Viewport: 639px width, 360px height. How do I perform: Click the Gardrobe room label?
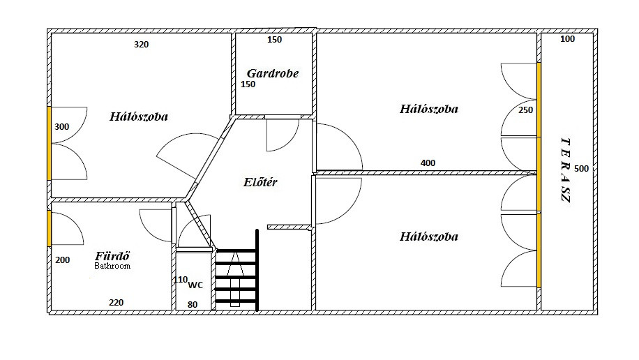click(273, 73)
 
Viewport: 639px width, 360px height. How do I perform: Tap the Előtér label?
click(260, 182)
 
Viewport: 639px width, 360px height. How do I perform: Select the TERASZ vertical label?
click(566, 170)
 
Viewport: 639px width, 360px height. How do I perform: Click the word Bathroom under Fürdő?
click(112, 266)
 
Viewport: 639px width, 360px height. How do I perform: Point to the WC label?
click(195, 285)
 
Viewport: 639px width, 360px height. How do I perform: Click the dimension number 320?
click(142, 45)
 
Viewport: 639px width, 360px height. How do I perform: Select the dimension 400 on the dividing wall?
click(428, 163)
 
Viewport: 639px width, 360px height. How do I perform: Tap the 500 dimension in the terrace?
click(582, 169)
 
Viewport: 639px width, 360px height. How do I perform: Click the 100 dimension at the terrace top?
click(568, 39)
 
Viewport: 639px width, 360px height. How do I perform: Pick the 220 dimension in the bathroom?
click(116, 303)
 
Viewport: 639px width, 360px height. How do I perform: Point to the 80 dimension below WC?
click(193, 305)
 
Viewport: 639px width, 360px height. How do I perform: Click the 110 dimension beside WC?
click(180, 280)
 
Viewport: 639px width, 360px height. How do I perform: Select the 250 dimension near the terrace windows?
click(526, 110)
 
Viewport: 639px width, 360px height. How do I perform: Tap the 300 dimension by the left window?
click(62, 127)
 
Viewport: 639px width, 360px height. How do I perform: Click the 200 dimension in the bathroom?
click(63, 260)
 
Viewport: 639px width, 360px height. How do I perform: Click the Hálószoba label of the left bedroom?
click(139, 117)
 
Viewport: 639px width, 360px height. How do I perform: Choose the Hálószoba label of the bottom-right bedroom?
click(429, 237)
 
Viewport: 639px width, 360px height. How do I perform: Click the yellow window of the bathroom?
click(50, 228)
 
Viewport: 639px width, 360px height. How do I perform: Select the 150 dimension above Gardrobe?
click(275, 40)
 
